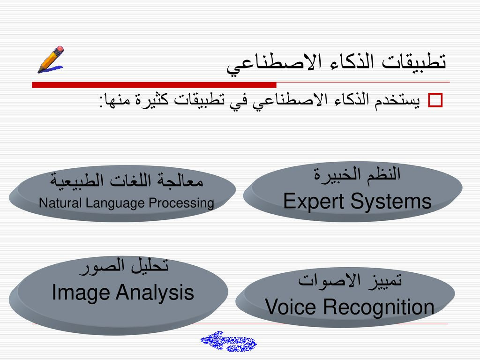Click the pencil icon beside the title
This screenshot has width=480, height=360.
click(x=51, y=60)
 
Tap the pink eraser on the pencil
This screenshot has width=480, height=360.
click(x=60, y=49)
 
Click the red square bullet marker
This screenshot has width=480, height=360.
click(x=435, y=100)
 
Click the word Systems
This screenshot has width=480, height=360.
click(x=391, y=202)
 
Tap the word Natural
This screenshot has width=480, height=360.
click(x=60, y=203)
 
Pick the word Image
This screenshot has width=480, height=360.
click(x=81, y=292)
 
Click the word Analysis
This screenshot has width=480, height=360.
click(x=155, y=292)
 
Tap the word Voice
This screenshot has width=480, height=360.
click(x=290, y=307)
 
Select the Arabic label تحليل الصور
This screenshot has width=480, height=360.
click(x=124, y=266)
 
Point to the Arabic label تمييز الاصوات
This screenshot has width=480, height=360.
click(x=350, y=280)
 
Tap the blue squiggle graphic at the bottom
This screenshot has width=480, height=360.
click(x=229, y=341)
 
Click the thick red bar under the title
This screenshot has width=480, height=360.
click(x=154, y=85)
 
